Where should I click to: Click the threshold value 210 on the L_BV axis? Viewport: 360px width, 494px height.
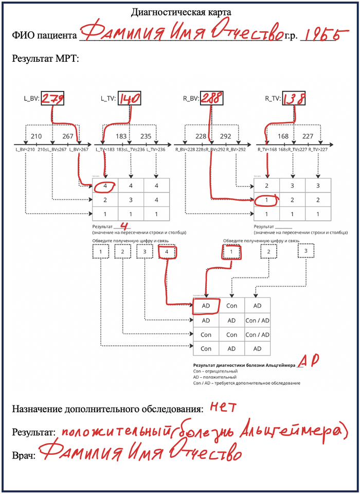(36, 136)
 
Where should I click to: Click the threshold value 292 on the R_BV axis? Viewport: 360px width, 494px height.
(226, 136)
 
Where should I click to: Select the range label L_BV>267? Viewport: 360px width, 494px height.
(79, 149)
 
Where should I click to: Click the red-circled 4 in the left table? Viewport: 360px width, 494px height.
(105, 185)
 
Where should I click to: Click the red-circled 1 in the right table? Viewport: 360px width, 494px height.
(267, 200)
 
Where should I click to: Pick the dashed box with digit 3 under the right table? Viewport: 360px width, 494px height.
(306, 251)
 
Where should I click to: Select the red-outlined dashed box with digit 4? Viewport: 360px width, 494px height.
(167, 252)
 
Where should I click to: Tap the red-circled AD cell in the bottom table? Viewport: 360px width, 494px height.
(206, 305)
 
